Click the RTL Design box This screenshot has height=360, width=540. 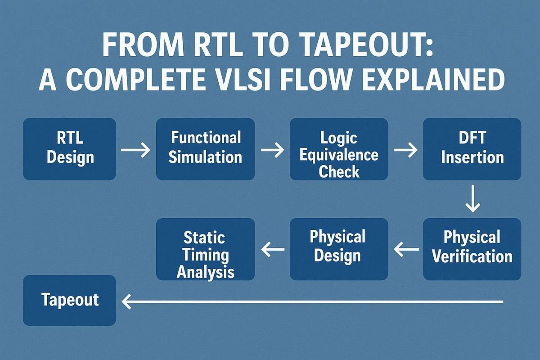click(x=69, y=149)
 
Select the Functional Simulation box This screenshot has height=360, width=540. click(x=205, y=149)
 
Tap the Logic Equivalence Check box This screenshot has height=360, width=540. click(x=339, y=149)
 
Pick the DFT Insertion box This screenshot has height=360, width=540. click(x=472, y=149)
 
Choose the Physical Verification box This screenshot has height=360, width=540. click(x=472, y=249)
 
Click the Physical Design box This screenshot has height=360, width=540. click(x=339, y=249)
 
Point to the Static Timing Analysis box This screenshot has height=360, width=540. click(x=205, y=249)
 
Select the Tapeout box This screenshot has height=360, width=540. click(x=69, y=300)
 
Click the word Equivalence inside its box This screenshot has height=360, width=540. click(x=339, y=155)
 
